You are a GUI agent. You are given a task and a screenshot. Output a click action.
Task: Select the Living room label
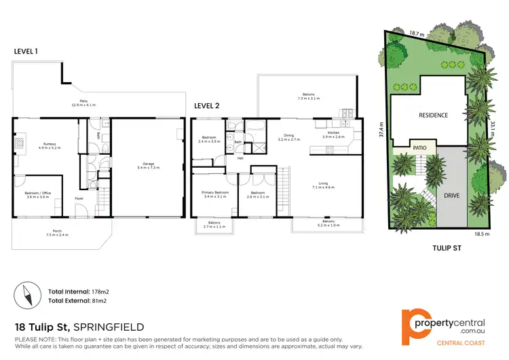(328, 184)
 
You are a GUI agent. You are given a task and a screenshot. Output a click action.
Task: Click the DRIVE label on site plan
(451, 196)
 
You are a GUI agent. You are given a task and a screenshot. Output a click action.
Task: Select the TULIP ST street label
(447, 249)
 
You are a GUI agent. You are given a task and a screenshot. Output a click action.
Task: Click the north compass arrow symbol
(28, 295)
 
